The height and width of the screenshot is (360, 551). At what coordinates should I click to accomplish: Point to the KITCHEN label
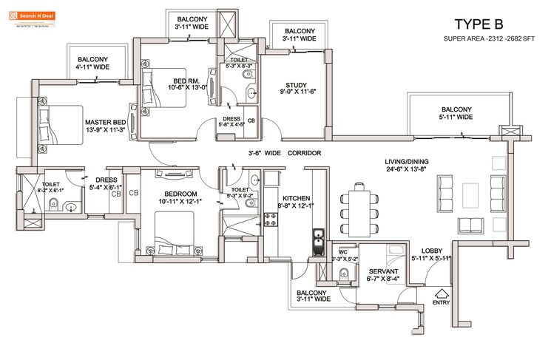point(294,198)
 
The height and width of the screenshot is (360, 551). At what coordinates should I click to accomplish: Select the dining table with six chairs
point(359,209)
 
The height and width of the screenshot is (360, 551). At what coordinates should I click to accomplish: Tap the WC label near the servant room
point(342,253)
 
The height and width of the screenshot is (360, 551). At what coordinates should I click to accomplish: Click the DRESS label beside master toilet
point(104,183)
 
